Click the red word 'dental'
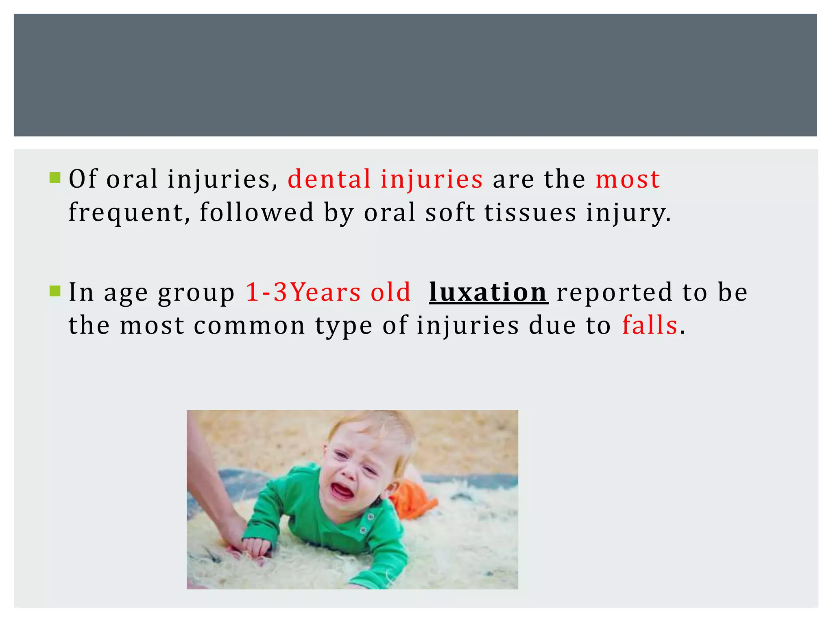click(x=329, y=179)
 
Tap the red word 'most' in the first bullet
click(x=628, y=180)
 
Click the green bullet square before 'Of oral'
click(x=55, y=178)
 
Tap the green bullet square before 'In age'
click(x=55, y=291)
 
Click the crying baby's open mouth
click(x=341, y=490)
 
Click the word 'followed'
click(x=257, y=212)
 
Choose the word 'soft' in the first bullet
click(x=450, y=212)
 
